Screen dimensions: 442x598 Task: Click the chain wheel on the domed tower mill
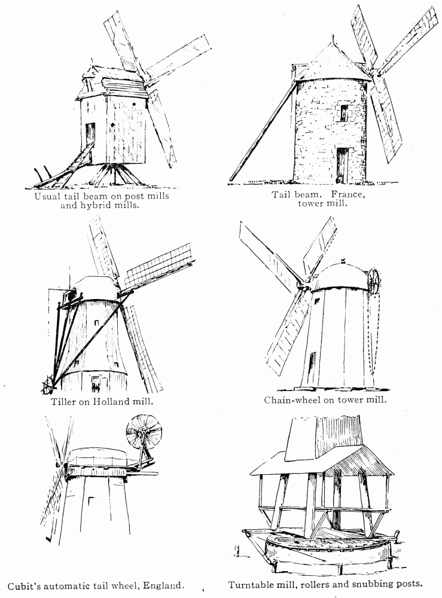374,282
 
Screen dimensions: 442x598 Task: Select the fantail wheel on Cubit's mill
144,432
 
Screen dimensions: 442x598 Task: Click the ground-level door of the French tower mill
343,165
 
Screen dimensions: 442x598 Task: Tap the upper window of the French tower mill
345,113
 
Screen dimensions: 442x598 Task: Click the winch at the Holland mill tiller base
47,385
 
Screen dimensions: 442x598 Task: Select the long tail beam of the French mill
264,131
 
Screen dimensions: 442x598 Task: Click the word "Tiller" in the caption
63,401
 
